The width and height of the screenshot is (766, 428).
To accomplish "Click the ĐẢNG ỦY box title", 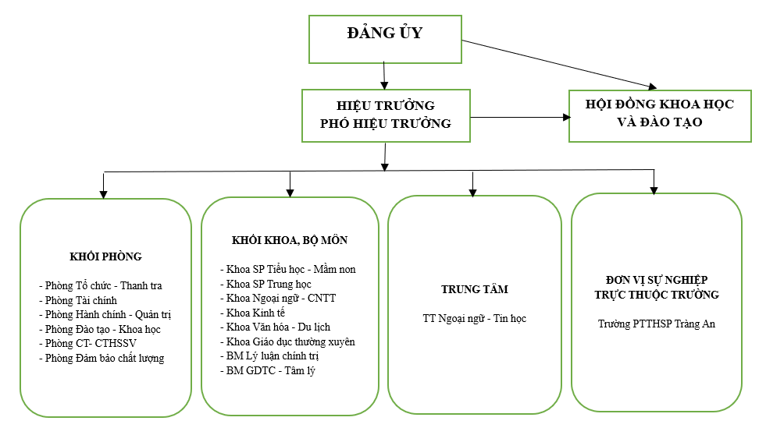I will tap(385, 34).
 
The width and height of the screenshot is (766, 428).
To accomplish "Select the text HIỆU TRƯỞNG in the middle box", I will tap(385, 105).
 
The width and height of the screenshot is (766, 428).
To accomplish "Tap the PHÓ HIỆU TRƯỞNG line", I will tap(385, 123).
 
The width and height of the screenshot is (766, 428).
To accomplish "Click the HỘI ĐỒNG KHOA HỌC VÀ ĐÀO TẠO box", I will tap(660, 113).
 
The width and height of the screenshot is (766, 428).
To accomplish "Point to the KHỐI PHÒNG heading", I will tap(105, 256).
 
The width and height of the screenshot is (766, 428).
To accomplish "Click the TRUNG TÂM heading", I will tap(475, 289).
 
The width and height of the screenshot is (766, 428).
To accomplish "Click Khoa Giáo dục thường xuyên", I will tap(290, 341).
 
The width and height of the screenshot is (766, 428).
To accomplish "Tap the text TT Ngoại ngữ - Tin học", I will tap(475, 319).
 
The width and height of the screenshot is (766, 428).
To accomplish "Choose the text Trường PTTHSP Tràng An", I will tap(657, 324).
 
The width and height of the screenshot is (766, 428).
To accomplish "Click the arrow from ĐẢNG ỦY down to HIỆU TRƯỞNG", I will tap(385, 76).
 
